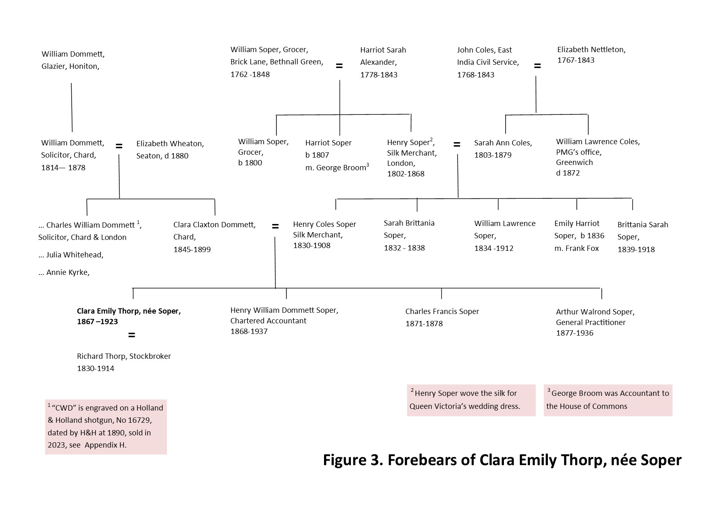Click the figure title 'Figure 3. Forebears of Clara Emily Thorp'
[x=502, y=460]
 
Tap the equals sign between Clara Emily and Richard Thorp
[x=131, y=335]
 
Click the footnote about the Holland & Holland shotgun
[x=106, y=426]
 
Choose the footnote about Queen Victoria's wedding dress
[x=471, y=400]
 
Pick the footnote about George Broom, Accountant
[x=608, y=400]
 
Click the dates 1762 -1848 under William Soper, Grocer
[x=250, y=75]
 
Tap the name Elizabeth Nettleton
[x=591, y=50]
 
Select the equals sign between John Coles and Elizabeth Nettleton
[x=537, y=66]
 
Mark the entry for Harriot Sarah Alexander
[x=383, y=62]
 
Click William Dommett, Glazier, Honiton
[x=73, y=60]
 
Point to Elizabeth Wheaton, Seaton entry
[x=170, y=149]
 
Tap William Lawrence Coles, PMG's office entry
[x=598, y=157]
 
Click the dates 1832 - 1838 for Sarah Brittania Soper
[x=404, y=248]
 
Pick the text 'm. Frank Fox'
[x=576, y=248]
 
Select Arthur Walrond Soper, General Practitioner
[x=595, y=322]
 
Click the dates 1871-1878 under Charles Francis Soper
[x=424, y=324]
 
